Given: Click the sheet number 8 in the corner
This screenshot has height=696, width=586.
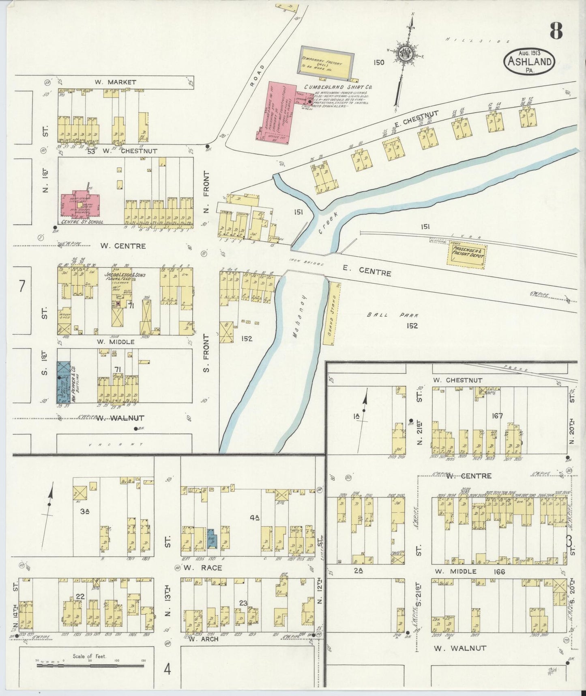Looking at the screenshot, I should click(556, 30).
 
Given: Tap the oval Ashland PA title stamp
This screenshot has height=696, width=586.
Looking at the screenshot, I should click(529, 62).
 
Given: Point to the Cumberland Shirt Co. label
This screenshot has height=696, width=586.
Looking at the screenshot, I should click(339, 87).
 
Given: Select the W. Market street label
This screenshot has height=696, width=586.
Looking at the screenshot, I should click(116, 82).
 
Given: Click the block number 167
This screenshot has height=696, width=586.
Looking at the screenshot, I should click(497, 416).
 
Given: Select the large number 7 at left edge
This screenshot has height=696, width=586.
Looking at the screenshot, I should click(21, 286).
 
